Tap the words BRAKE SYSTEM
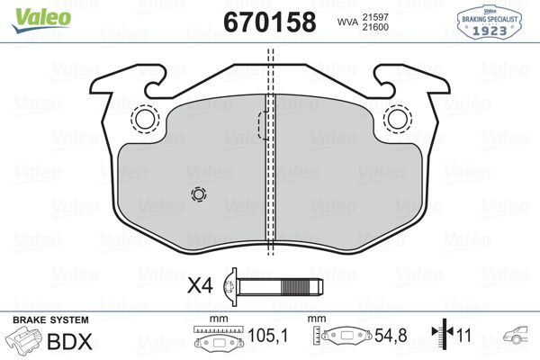pos(49,320)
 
